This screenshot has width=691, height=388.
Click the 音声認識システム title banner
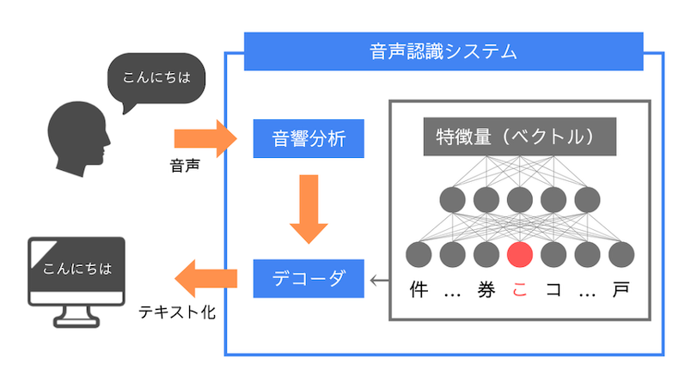(443, 52)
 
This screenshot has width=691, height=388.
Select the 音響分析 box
(307, 137)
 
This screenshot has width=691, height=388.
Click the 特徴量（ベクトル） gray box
(519, 136)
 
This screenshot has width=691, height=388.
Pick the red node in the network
(520, 254)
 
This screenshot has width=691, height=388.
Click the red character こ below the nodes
(520, 289)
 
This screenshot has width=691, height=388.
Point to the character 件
(419, 289)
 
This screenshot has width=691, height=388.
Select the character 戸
(621, 289)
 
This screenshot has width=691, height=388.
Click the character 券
(486, 289)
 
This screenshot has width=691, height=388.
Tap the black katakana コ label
(553, 289)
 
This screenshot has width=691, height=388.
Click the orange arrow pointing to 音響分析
(205, 137)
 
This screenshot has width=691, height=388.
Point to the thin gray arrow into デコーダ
(377, 279)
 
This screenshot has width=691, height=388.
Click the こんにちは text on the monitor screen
(77, 268)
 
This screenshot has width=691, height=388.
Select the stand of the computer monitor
(77, 318)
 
